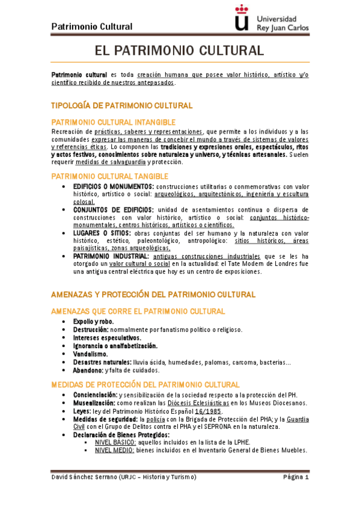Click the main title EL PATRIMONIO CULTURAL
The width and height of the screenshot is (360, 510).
[180, 50]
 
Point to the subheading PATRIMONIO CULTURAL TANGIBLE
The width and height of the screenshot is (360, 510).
[109, 176]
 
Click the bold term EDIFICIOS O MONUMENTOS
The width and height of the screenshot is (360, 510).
[113, 187]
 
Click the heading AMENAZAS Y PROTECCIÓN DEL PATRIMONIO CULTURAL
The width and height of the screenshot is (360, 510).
[153, 295]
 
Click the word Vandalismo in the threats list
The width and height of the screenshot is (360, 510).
[91, 354]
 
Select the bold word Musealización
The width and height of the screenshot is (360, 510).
[95, 402]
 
